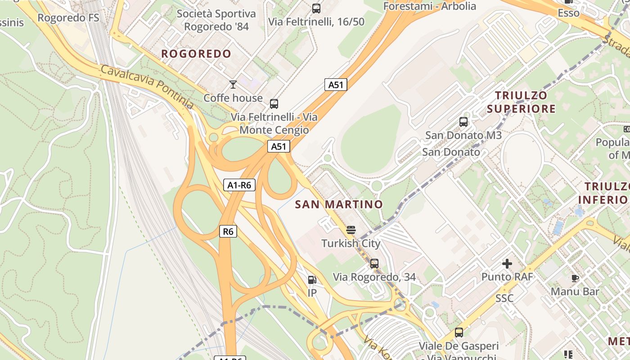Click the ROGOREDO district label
pyautogui.click(x=196, y=54)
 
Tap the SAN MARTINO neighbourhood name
pyautogui.click(x=339, y=204)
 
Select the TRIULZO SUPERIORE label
pyautogui.click(x=521, y=102)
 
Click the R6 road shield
pyautogui.click(x=228, y=231)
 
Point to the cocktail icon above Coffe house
pyautogui.click(x=233, y=84)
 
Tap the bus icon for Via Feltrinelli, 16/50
pyautogui.click(x=316, y=8)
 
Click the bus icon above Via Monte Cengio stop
pyautogui.click(x=274, y=104)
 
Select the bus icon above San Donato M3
pyautogui.click(x=463, y=121)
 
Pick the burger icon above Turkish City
pyautogui.click(x=351, y=230)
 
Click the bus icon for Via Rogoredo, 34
pyautogui.click(x=374, y=264)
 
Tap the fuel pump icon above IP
pyautogui.click(x=312, y=280)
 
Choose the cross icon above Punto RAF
pyautogui.click(x=507, y=264)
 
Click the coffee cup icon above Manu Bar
pyautogui.click(x=575, y=279)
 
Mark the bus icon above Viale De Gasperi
pyautogui.click(x=459, y=333)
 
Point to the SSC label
pyautogui.click(x=504, y=298)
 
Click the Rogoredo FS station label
pyautogui.click(x=68, y=18)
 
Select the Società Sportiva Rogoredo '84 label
pyautogui.click(x=216, y=20)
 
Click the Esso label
pyautogui.click(x=568, y=13)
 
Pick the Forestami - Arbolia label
pyautogui.click(x=430, y=6)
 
